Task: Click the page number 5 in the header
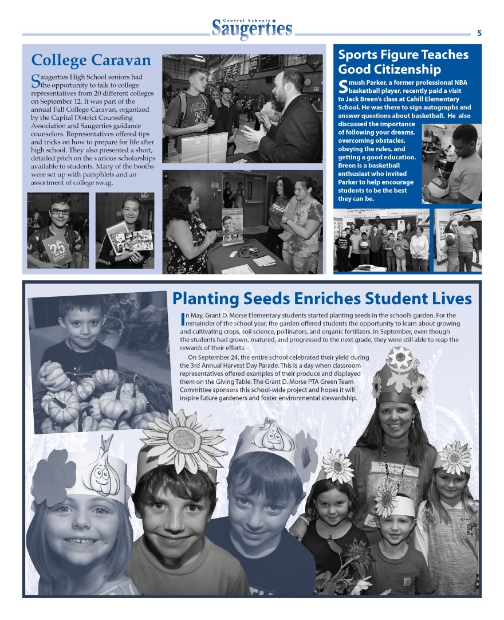479,33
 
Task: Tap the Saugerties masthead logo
252,29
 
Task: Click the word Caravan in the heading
121,60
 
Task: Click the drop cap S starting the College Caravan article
35,81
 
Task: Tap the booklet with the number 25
57,246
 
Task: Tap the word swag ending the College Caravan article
104,183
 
